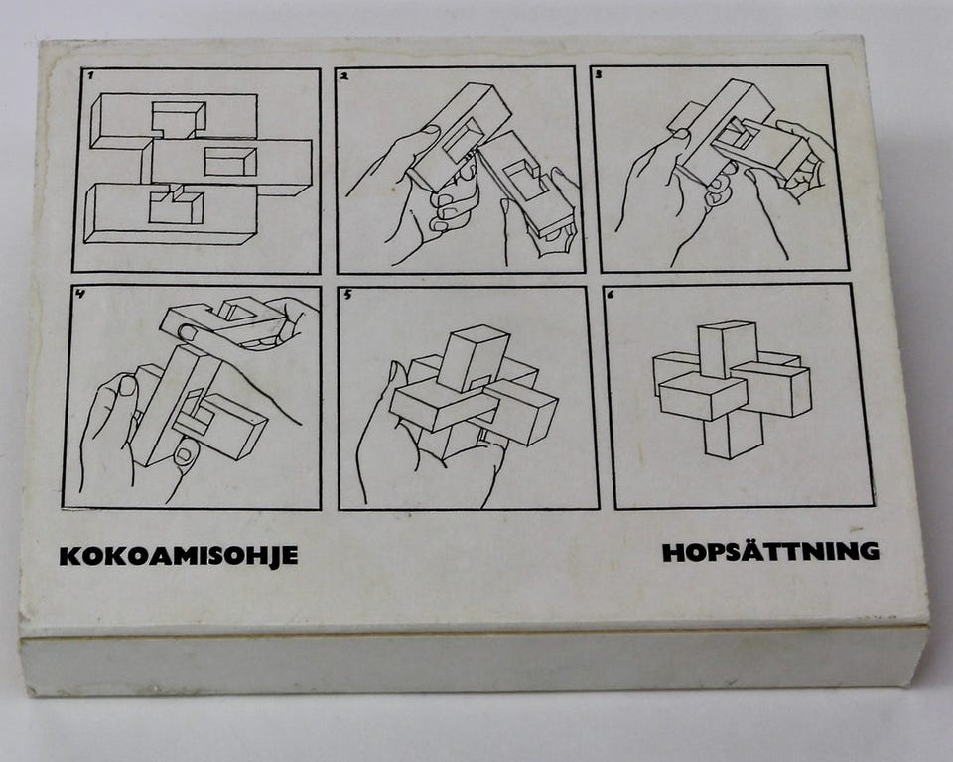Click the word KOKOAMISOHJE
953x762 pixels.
click(178, 556)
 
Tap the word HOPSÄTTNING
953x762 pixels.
click(770, 551)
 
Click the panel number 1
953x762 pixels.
click(90, 76)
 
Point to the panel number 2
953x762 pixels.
click(344, 76)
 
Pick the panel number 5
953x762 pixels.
click(347, 295)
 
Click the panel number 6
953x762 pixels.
click(611, 294)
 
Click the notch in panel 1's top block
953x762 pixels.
click(178, 120)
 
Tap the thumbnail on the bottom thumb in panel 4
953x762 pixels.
click(187, 452)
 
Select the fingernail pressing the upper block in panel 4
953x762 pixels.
click(190, 333)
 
